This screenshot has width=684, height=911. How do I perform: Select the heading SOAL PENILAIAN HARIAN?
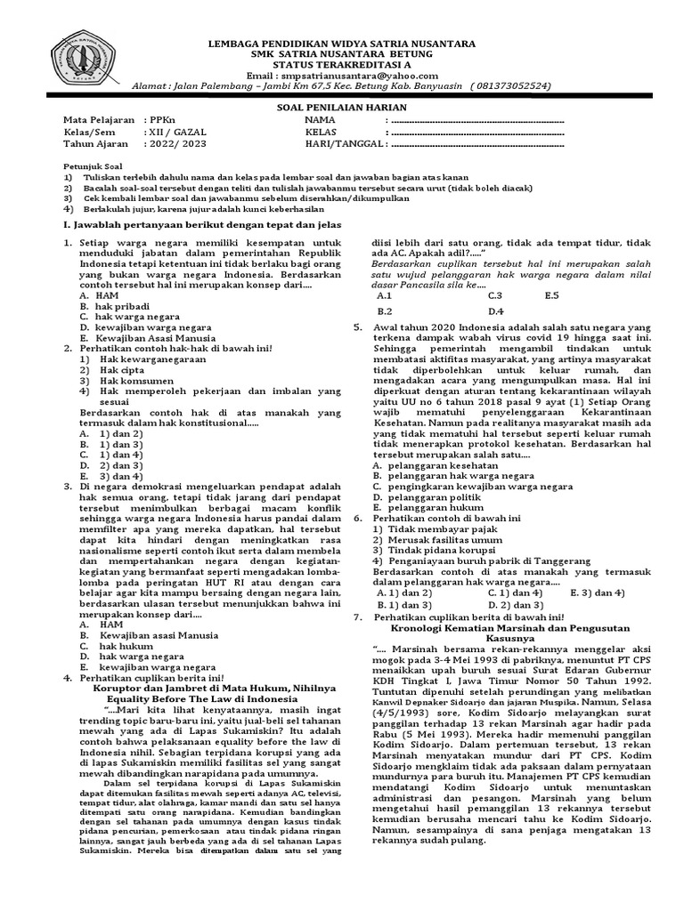click(x=341, y=105)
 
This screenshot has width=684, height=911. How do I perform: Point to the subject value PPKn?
click(x=157, y=118)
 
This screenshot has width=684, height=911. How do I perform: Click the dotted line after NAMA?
click(x=476, y=119)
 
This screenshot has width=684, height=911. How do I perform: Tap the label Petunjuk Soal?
click(x=92, y=165)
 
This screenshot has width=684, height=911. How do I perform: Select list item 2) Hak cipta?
click(x=111, y=368)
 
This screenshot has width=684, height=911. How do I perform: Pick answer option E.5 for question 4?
click(x=550, y=295)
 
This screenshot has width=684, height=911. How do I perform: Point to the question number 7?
click(x=357, y=617)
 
